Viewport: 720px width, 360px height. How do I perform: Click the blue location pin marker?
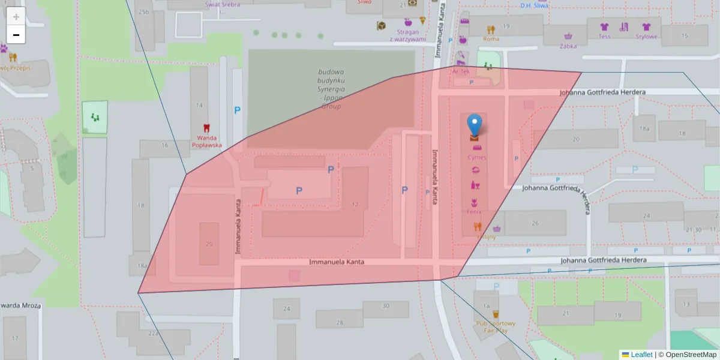click(475, 125)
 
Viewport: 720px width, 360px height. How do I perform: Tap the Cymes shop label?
click(477, 157)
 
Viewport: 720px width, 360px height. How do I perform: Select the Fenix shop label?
click(474, 212)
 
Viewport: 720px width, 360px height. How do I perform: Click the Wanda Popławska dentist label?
click(206, 141)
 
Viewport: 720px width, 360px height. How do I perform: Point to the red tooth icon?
click(206, 128)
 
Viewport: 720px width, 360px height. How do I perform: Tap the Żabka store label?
click(568, 45)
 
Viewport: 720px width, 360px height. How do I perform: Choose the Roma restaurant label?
click(491, 39)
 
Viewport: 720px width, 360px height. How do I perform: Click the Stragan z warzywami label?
click(407, 36)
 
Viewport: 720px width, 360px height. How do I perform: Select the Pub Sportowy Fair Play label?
click(496, 327)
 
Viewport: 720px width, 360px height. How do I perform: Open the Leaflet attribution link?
click(641, 355)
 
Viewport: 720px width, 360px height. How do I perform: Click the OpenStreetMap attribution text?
click(690, 355)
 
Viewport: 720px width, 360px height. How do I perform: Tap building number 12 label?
click(355, 205)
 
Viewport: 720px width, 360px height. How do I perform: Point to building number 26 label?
click(535, 223)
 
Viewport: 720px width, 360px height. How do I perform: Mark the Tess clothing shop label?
click(604, 37)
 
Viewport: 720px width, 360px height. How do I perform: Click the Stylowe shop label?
click(646, 37)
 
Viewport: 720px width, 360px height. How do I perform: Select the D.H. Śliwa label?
click(534, 6)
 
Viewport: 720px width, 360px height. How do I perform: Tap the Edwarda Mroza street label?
click(20, 305)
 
